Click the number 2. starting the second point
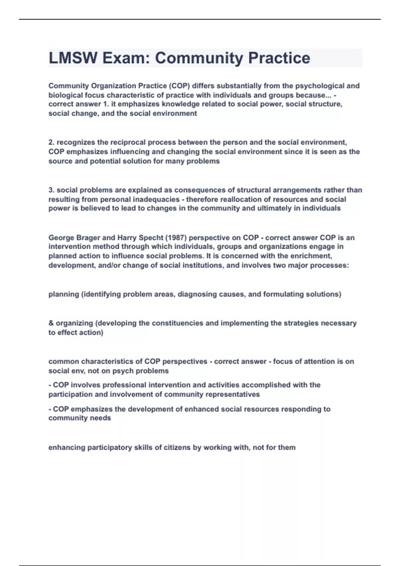(x=51, y=142)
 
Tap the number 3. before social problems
(x=51, y=190)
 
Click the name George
(x=61, y=238)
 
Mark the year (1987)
(x=171, y=238)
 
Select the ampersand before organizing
(x=51, y=323)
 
